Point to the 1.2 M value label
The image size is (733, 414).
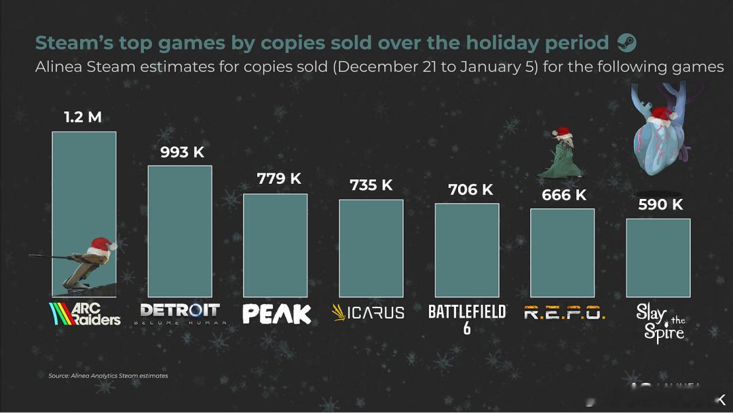pos(83,117)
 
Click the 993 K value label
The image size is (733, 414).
pos(182,152)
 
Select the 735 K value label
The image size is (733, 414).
pos(371,185)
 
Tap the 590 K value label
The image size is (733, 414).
pos(660,204)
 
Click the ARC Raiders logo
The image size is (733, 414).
pos(85,314)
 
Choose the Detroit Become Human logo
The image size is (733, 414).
pos(180,314)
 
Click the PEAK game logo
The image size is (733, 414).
pos(277,314)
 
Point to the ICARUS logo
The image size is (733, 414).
pos(368,313)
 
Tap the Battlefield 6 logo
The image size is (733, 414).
pos(467,318)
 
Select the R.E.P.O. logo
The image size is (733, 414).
pos(564,313)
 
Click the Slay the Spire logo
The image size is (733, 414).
pos(660,322)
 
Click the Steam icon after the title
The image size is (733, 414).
pos(626,43)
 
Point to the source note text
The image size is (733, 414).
pos(108,375)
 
